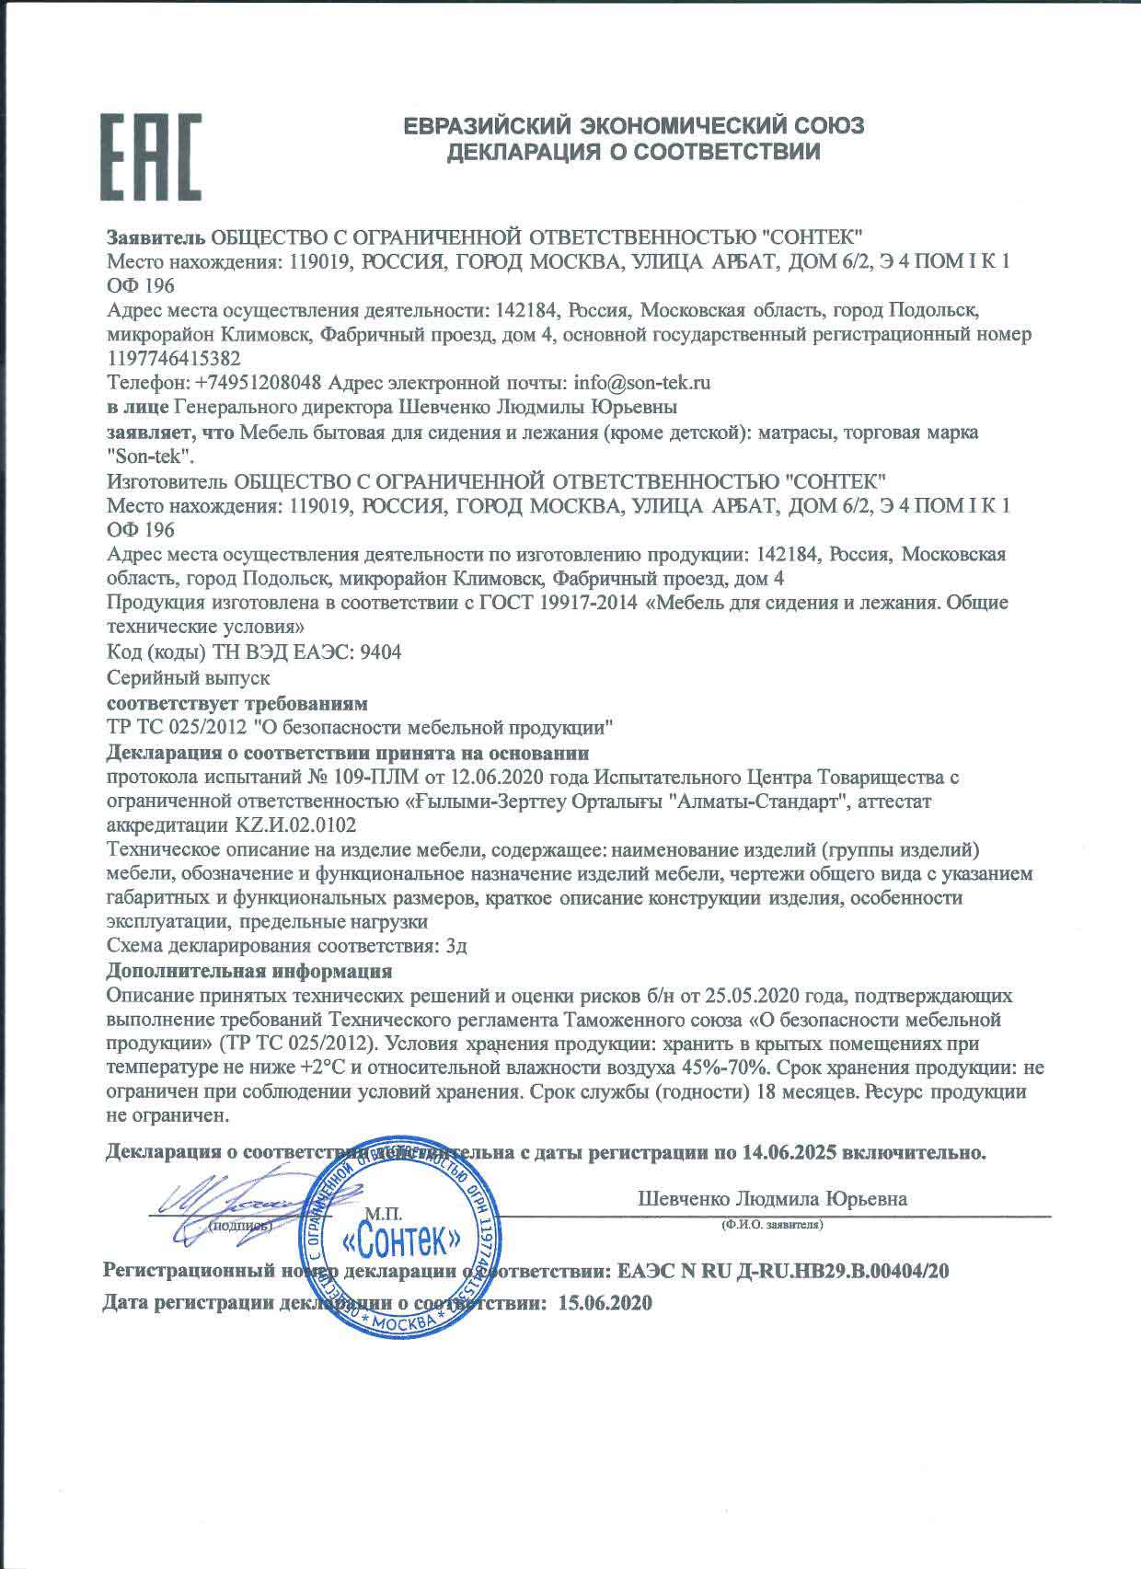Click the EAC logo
coord(150,156)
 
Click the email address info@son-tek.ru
coord(641,382)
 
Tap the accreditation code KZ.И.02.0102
coord(296,825)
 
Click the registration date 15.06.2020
coord(605,1303)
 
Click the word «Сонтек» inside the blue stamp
coord(401,1243)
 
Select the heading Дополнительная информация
coord(249,970)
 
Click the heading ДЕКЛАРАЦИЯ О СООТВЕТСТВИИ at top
coord(634,152)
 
